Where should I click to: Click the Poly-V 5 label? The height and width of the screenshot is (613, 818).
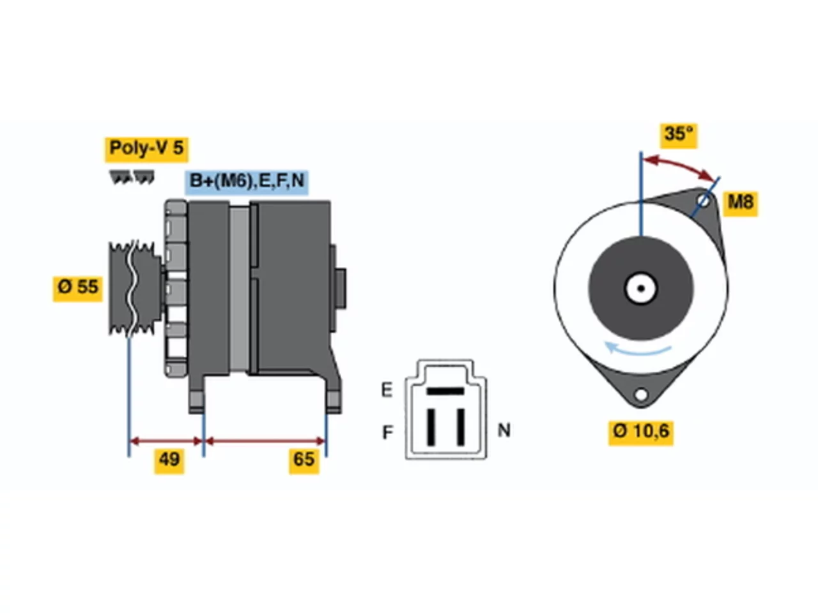point(146,149)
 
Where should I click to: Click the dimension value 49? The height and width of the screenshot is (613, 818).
point(169,460)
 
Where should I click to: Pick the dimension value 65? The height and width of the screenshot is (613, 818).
point(303,460)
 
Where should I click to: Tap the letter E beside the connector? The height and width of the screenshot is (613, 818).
point(387,390)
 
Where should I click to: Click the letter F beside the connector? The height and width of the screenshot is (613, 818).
point(387,432)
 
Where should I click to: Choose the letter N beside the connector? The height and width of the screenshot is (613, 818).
point(504,430)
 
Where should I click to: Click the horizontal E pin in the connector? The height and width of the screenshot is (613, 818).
point(445,391)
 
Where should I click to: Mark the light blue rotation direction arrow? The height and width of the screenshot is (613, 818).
point(637,349)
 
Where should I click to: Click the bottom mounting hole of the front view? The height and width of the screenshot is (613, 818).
point(640,395)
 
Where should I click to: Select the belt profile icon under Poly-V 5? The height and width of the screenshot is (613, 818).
point(131,178)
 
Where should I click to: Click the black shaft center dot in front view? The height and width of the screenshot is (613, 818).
point(640,289)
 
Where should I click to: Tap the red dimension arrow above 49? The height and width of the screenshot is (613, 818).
point(166,442)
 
